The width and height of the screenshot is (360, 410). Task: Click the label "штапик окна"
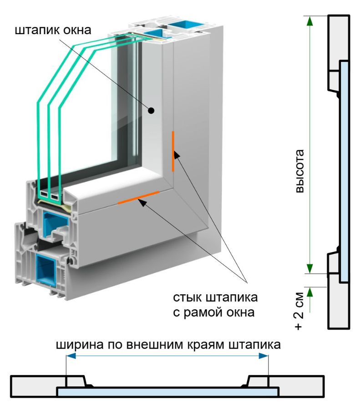point(53,31)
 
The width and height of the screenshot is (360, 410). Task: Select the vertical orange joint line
point(173,151)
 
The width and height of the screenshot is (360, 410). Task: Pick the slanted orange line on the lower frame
point(138,197)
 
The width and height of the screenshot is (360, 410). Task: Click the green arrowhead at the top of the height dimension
point(309,20)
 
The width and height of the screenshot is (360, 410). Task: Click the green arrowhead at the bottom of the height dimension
point(309,269)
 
